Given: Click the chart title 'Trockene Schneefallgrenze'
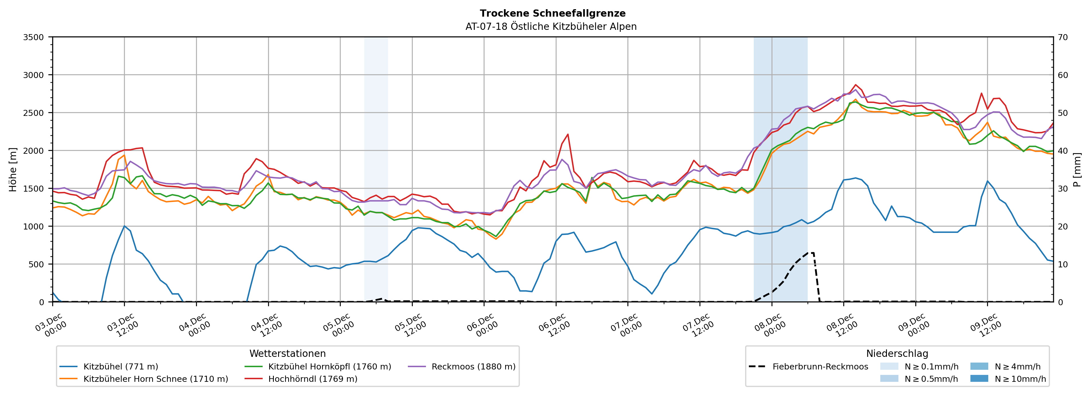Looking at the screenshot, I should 552,13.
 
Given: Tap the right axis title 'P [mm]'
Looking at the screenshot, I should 1077,169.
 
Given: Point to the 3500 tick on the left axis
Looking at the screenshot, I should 33,37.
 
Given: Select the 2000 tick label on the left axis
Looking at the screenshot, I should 33,151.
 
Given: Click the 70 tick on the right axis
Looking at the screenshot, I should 1063,37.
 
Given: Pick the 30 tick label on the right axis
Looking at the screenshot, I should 1063,188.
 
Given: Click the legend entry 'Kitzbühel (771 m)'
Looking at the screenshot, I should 121,367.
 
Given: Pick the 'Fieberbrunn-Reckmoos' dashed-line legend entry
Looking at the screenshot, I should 820,367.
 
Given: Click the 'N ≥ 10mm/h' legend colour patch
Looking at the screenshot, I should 979,378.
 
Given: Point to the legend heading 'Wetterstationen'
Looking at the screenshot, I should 288,353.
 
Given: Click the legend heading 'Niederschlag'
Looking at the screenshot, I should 897,353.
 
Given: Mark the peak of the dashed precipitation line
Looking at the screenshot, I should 811,253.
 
